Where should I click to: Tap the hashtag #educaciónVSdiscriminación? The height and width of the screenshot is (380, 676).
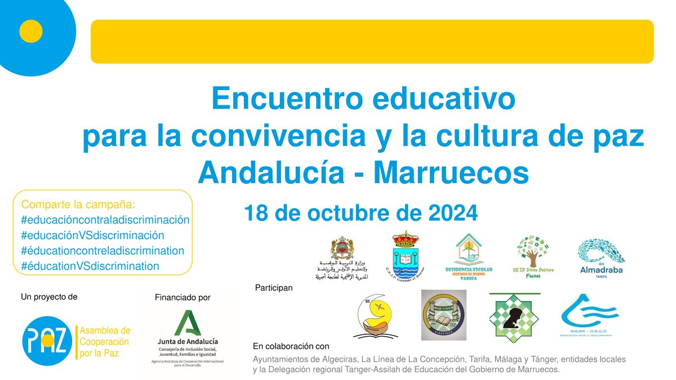coord(92,235)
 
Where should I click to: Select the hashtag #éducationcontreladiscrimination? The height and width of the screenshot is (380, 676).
coord(103,251)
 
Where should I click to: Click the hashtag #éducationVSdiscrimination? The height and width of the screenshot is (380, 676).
coord(90,266)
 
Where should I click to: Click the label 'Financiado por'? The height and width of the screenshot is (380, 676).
coord(183,297)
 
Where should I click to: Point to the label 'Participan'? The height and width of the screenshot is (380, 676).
coord(274,287)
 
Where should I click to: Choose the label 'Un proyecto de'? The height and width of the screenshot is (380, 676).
coord(49,296)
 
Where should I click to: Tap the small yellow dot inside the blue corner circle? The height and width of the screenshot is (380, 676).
coord(31,32)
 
